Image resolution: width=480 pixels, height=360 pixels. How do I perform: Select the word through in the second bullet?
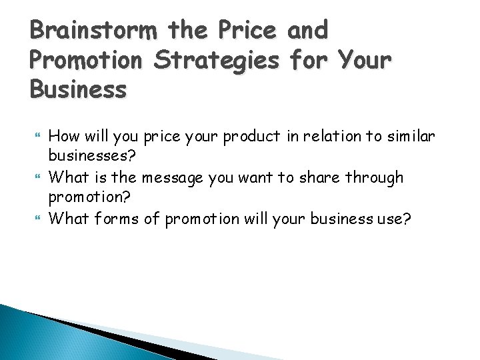pos(380,177)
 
